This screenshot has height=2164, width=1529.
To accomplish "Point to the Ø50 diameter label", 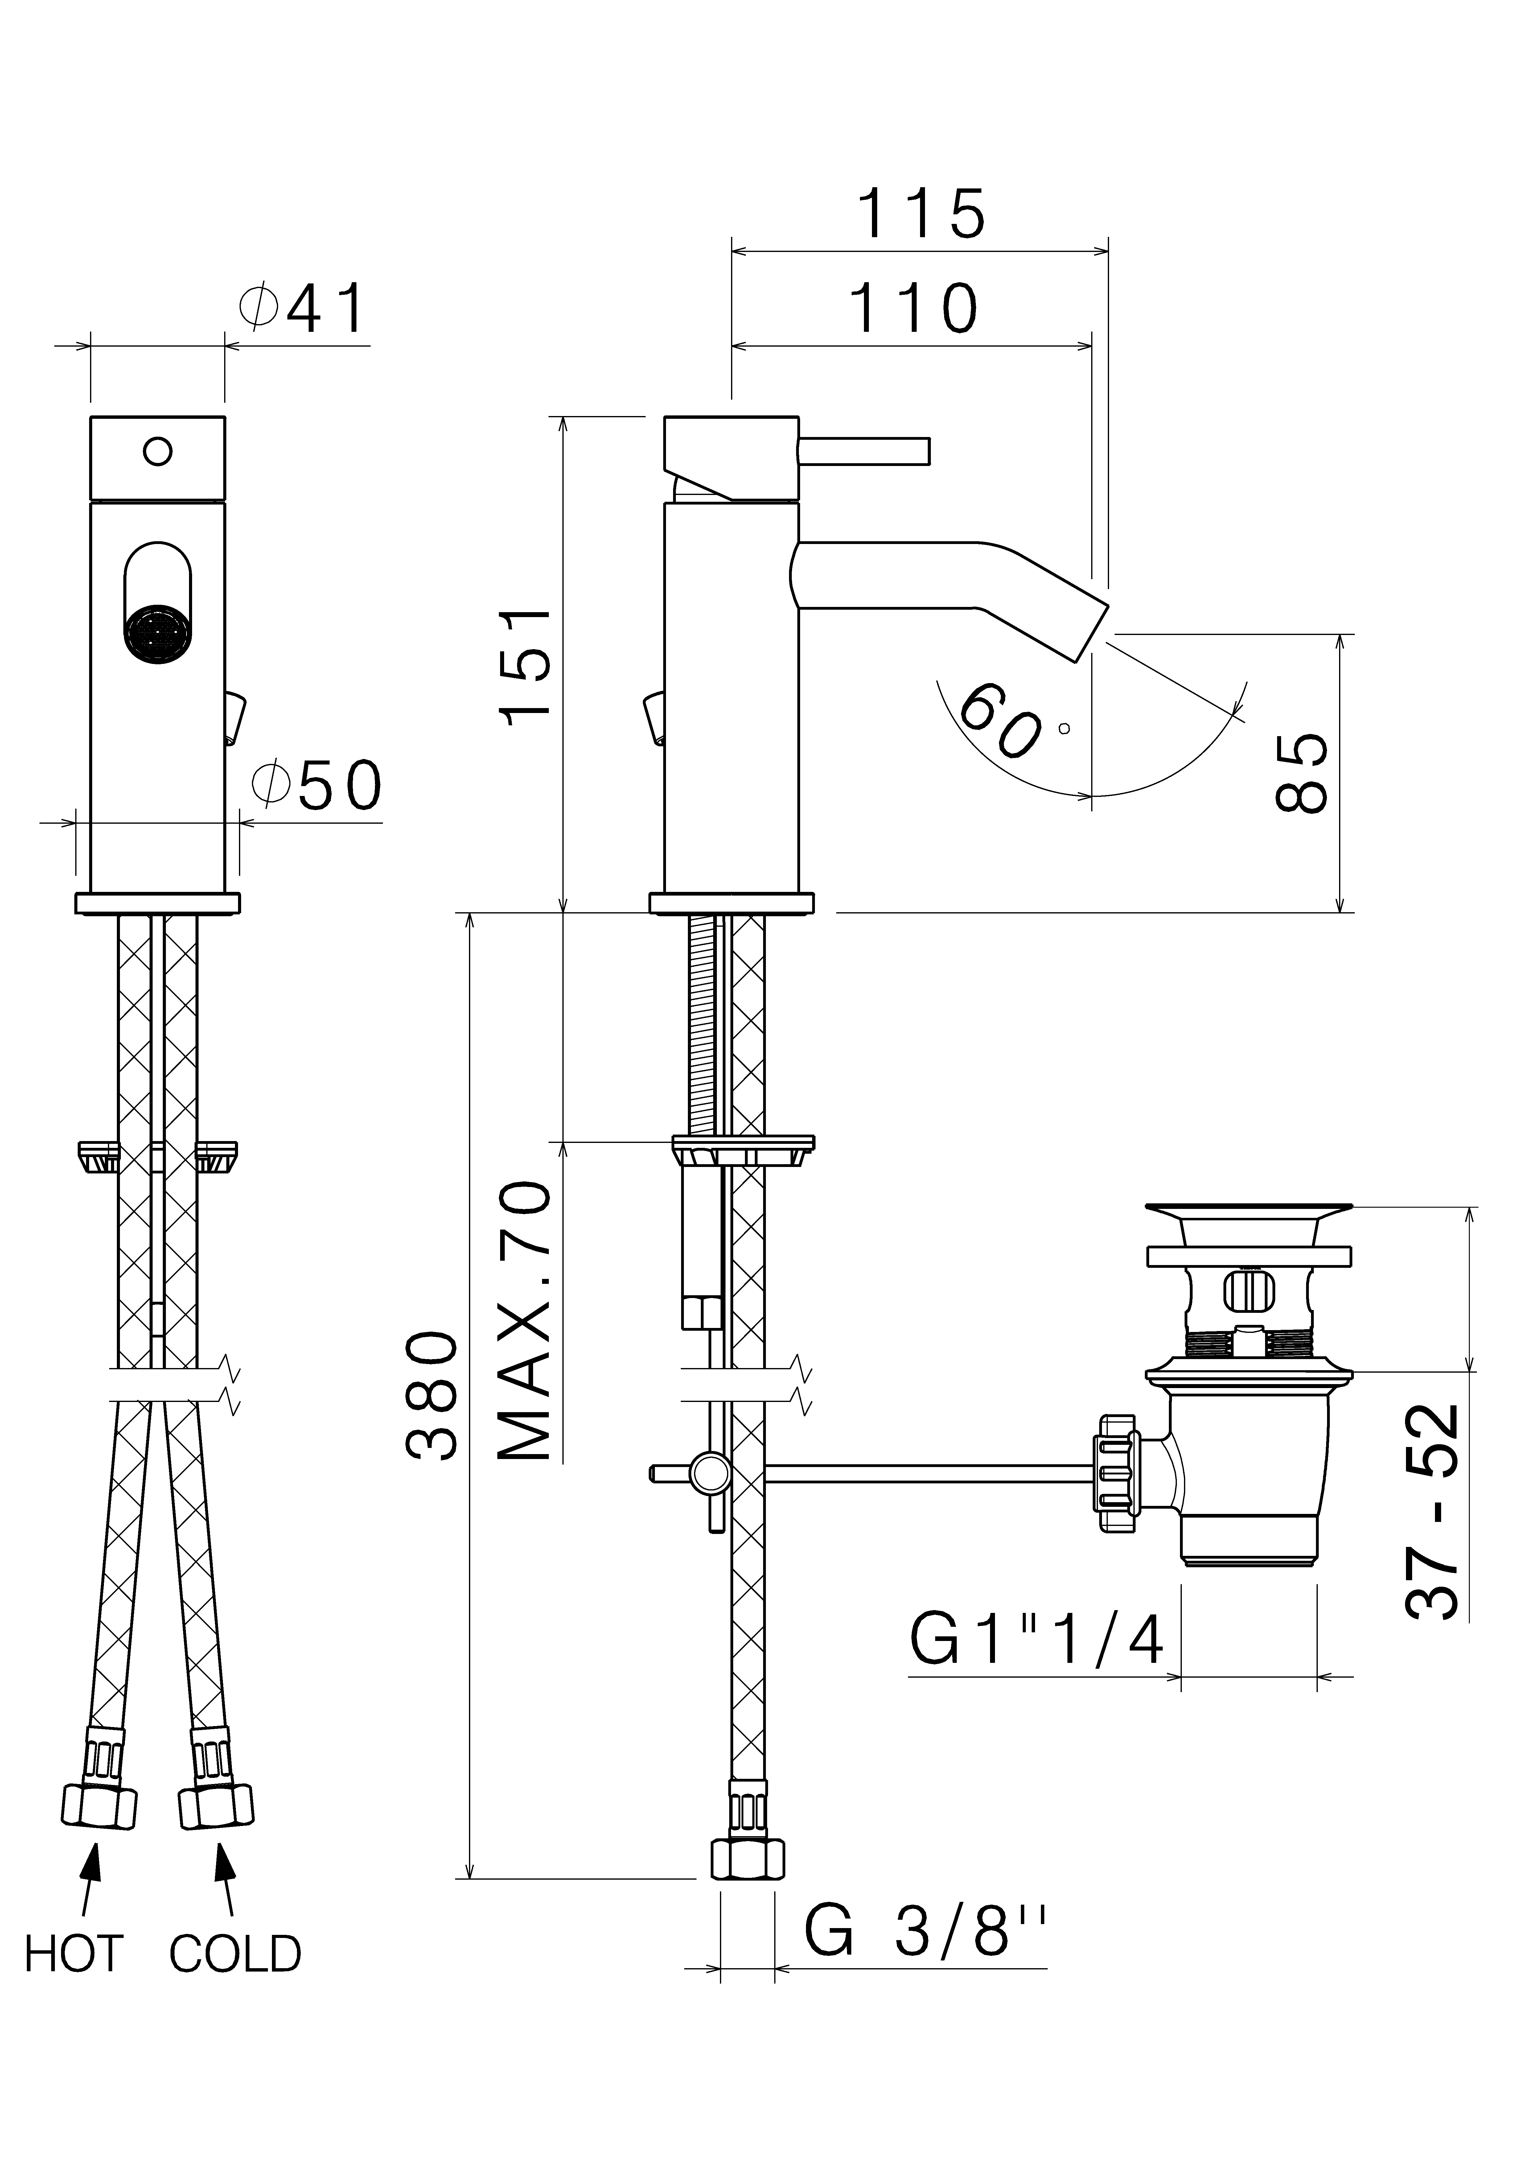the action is point(317,784).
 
